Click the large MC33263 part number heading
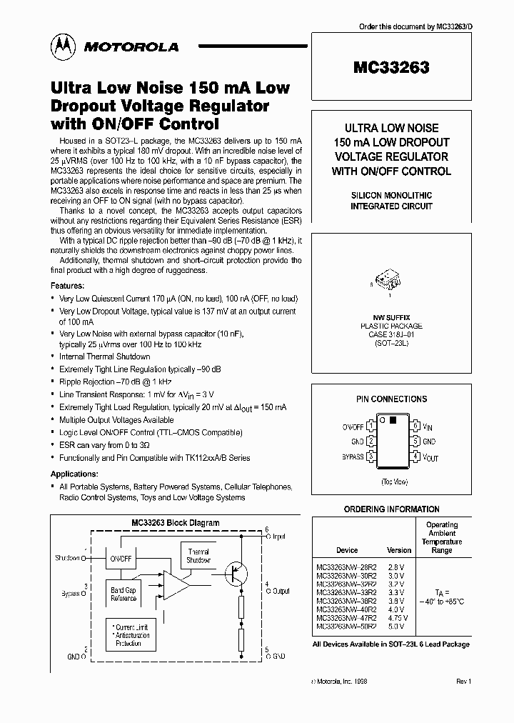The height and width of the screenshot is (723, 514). pos(390,69)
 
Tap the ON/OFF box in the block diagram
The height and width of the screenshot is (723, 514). pos(120,558)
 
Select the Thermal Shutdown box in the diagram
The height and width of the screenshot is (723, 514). pos(198,556)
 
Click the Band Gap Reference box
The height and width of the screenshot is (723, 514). pos(123,594)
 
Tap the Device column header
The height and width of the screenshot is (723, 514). pos(347,550)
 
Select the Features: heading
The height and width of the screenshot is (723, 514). pos(71,284)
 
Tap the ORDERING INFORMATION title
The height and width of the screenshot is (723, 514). pos(392,509)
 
